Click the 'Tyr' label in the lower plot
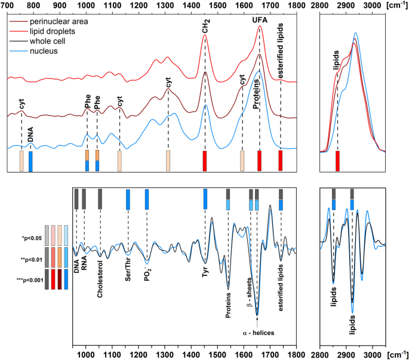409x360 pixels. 205,273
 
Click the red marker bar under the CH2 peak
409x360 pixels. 205,161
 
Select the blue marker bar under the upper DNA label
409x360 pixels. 30,161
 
